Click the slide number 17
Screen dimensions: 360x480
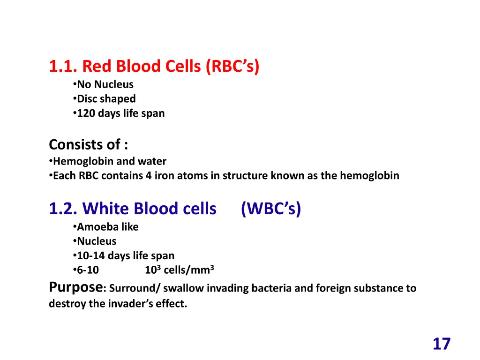tap(441, 344)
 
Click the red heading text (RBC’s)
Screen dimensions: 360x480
tap(232, 66)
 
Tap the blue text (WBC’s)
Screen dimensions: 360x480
tap(271, 209)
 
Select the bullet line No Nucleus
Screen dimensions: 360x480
tap(105, 84)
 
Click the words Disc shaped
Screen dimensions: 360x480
tap(106, 99)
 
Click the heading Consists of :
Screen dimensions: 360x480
tap(89, 144)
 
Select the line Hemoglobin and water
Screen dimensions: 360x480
tap(110, 162)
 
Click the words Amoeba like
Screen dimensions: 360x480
tap(108, 227)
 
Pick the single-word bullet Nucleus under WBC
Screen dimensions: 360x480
tap(97, 241)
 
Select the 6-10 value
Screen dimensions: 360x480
tap(88, 270)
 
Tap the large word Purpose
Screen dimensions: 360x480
tap(75, 287)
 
